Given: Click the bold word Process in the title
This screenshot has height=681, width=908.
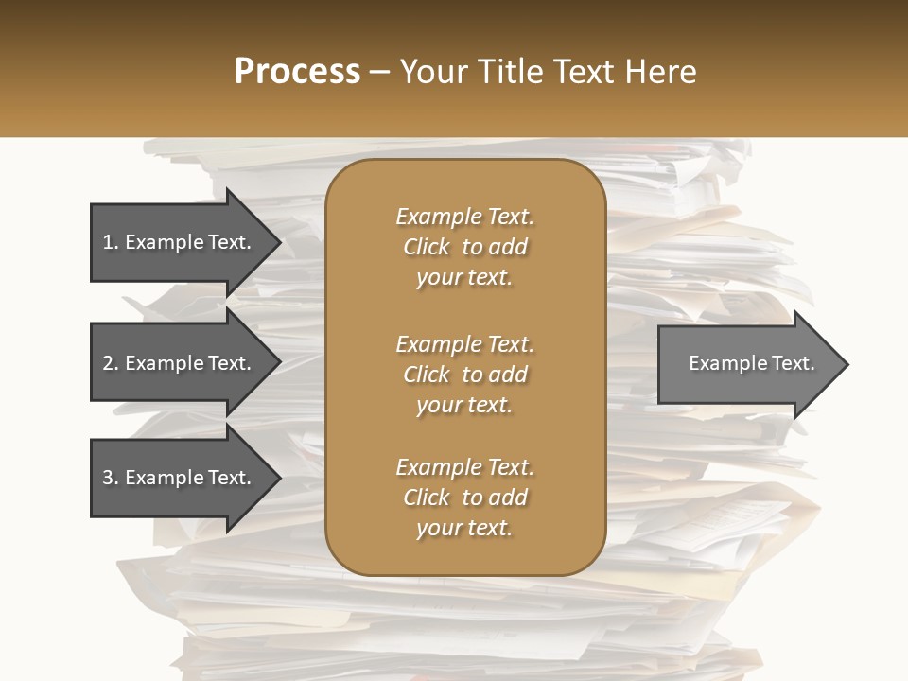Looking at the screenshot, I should tap(297, 72).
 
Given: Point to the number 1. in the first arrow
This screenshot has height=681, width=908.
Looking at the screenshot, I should tap(111, 242).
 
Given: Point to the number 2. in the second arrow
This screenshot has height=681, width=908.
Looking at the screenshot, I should tap(111, 363).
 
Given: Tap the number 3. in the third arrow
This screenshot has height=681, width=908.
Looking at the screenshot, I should tap(111, 478).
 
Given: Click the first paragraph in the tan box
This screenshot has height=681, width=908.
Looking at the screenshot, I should tap(464, 247).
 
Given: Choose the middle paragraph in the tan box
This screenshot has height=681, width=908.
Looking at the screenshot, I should tap(464, 375).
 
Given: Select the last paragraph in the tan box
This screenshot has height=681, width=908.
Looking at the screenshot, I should tap(464, 498).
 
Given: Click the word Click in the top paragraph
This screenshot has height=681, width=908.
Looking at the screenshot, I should tap(427, 247).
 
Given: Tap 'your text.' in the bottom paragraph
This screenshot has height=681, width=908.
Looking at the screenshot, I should tap(464, 528).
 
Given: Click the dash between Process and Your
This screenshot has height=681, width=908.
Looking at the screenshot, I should tap(380, 73).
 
